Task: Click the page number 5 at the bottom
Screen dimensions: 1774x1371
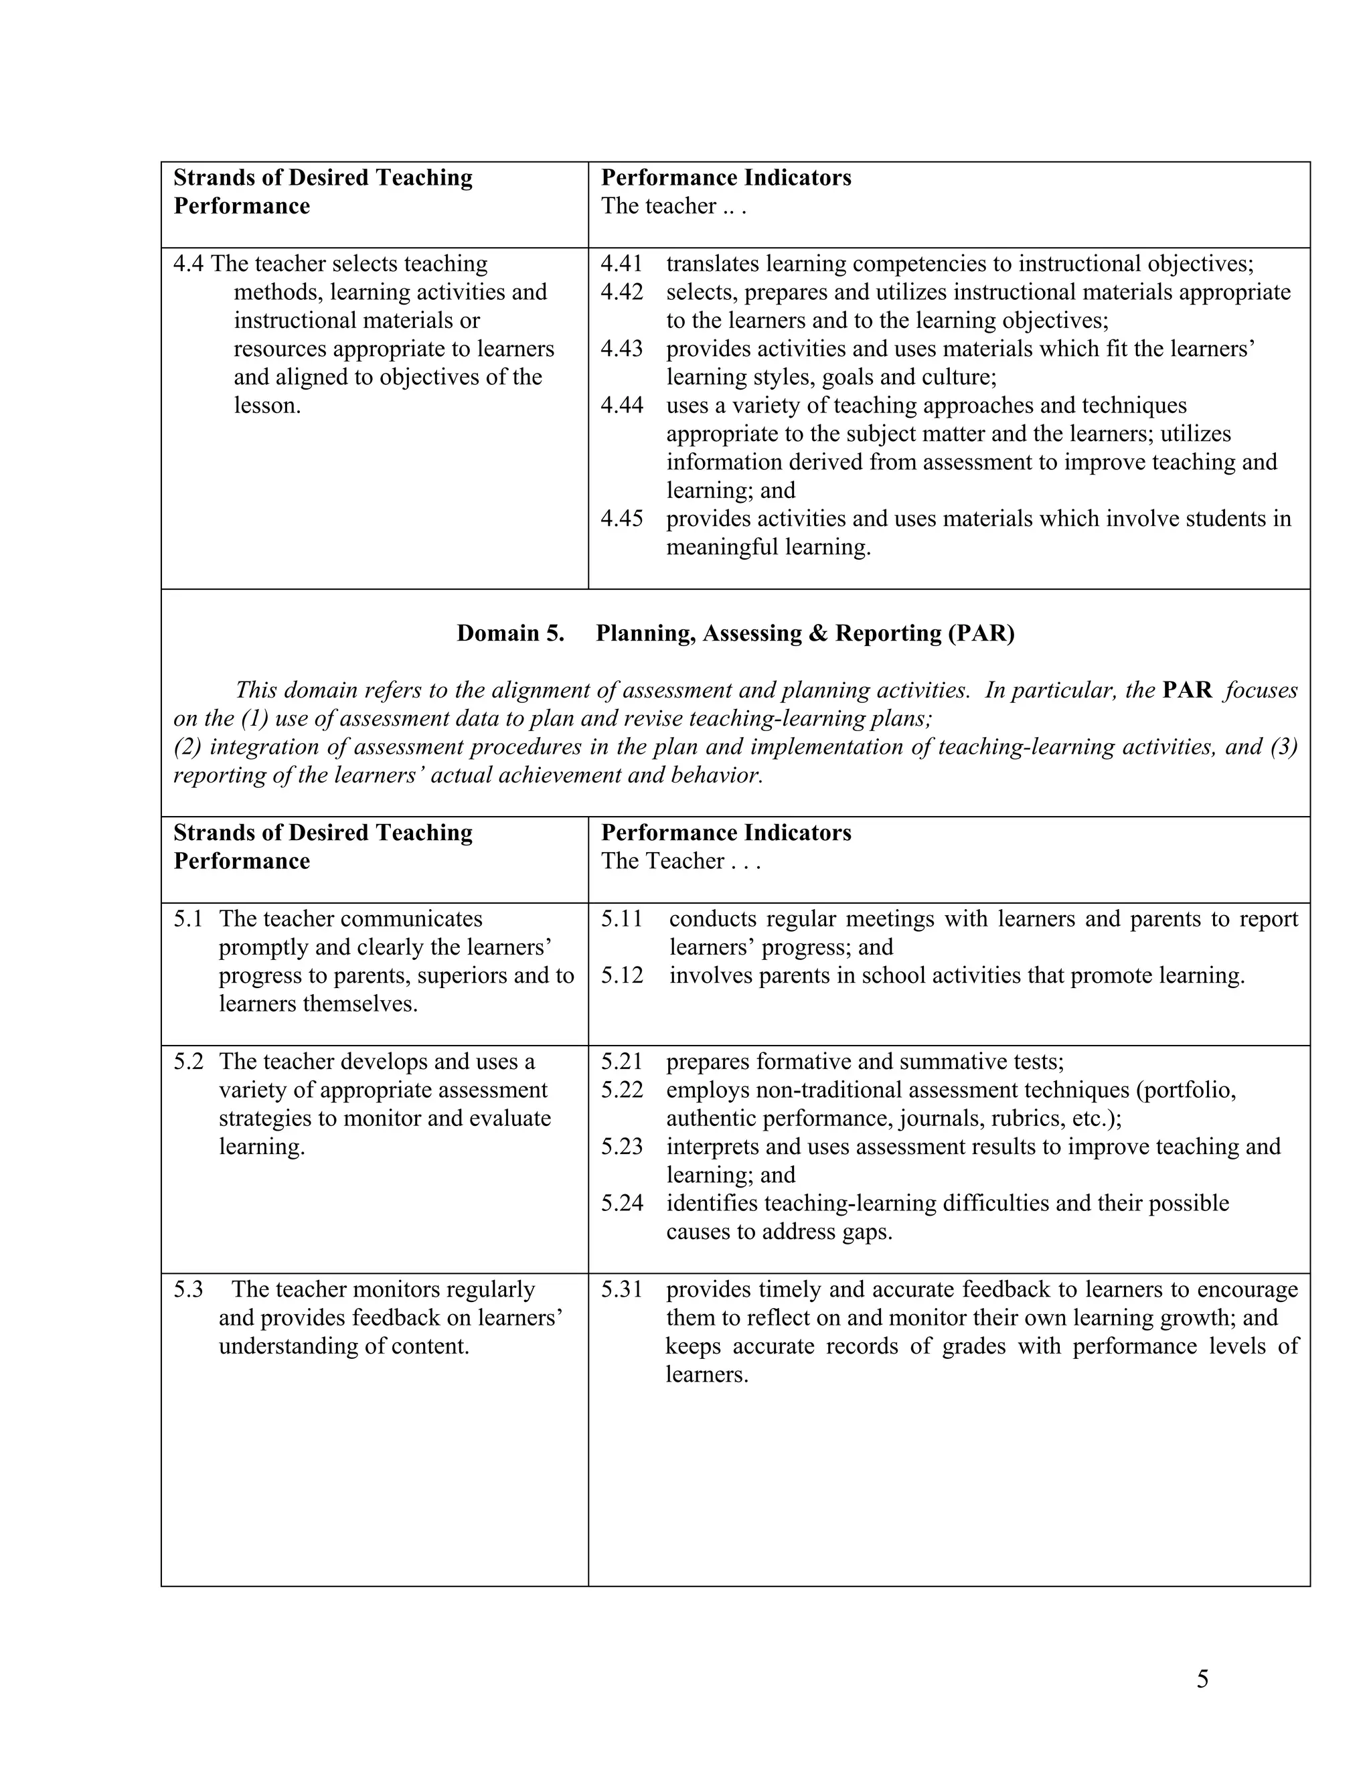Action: point(1202,1679)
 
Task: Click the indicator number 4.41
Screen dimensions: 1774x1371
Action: point(621,264)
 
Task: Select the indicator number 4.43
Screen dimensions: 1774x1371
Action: point(621,349)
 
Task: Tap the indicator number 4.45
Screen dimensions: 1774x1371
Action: point(621,519)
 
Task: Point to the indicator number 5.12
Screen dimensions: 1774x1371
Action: point(621,975)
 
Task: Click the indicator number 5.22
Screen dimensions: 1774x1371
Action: point(621,1090)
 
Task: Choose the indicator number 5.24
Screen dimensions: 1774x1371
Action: point(621,1203)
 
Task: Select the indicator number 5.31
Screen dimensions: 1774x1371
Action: point(621,1289)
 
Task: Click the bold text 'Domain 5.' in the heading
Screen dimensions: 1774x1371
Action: point(510,633)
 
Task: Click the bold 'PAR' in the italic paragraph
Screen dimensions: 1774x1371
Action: point(1187,690)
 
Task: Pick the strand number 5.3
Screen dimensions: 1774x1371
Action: point(187,1289)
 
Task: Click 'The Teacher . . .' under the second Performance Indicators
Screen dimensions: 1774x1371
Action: point(681,861)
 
